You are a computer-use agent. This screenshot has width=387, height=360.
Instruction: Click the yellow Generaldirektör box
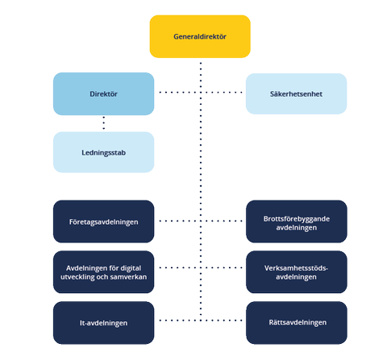(x=200, y=37)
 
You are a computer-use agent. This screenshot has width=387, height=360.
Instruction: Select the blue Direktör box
(x=103, y=93)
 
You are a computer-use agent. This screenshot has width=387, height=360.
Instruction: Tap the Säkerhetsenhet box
(x=296, y=93)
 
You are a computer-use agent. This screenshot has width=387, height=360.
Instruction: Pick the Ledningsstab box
(x=103, y=152)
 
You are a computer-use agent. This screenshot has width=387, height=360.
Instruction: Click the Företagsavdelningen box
(x=103, y=221)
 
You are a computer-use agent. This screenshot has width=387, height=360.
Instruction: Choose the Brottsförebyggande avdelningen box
(x=296, y=221)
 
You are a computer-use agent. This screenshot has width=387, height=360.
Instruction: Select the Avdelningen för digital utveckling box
(x=103, y=271)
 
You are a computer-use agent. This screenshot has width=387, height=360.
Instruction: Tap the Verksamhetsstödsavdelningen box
(x=296, y=271)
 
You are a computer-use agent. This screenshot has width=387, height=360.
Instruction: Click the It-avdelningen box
(x=103, y=321)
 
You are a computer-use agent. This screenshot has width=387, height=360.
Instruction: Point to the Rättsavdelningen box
(x=296, y=321)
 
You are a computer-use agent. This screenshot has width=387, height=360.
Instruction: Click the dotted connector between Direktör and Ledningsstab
(x=103, y=123)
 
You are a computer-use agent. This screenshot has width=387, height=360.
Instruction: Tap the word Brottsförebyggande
(x=296, y=216)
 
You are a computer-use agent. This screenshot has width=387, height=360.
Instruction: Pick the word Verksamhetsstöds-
(x=296, y=266)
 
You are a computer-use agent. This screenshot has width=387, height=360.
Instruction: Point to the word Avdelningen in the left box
(x=85, y=266)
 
